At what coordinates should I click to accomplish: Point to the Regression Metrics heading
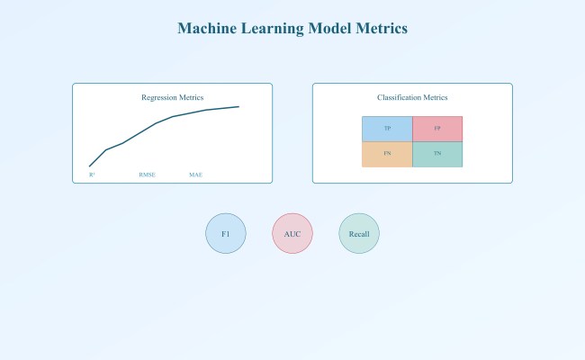point(172,97)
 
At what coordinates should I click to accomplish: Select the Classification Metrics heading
point(412,97)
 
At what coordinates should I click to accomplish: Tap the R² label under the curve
point(92,175)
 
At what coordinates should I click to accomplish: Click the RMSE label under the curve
point(147,175)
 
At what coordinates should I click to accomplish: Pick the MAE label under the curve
point(195,175)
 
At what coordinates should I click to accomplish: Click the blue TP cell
point(387,129)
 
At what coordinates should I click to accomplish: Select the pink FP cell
point(437,129)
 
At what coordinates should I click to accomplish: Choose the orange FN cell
point(387,154)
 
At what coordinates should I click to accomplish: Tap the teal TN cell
point(437,154)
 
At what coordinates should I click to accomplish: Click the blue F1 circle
point(226,234)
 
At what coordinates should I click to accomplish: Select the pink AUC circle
point(292,234)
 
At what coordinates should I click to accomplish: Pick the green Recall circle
point(359,234)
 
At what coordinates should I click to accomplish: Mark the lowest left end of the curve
point(89,166)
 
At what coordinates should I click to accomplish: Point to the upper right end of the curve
point(239,106)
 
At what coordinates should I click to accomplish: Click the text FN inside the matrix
point(387,154)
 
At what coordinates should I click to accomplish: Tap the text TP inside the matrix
point(387,129)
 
